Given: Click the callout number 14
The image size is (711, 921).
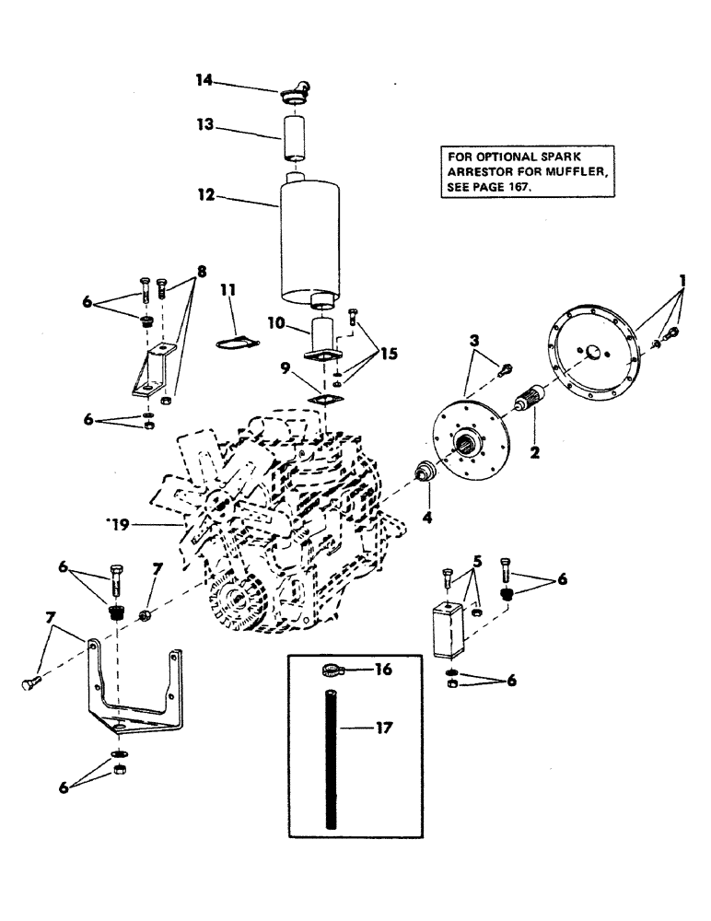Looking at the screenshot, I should coord(204,81).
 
